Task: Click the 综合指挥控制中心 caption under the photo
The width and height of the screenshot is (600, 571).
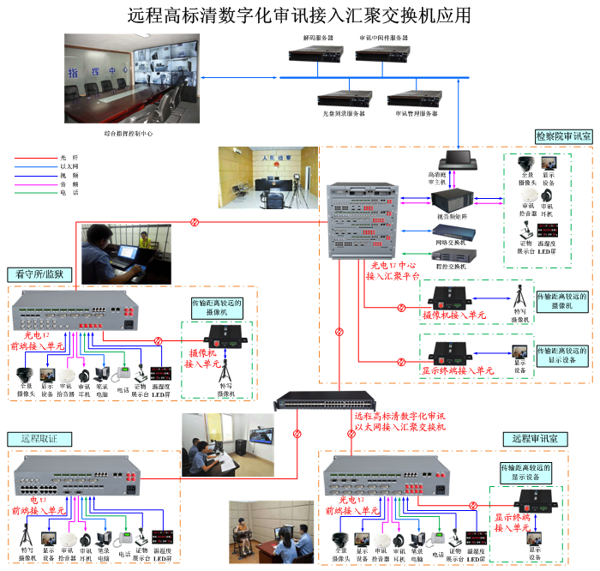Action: coord(129,134)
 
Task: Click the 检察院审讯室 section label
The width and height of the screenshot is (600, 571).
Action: coord(563,136)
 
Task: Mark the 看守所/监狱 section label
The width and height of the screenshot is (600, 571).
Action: coord(40,274)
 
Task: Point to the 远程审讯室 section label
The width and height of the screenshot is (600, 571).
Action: coord(535,438)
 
